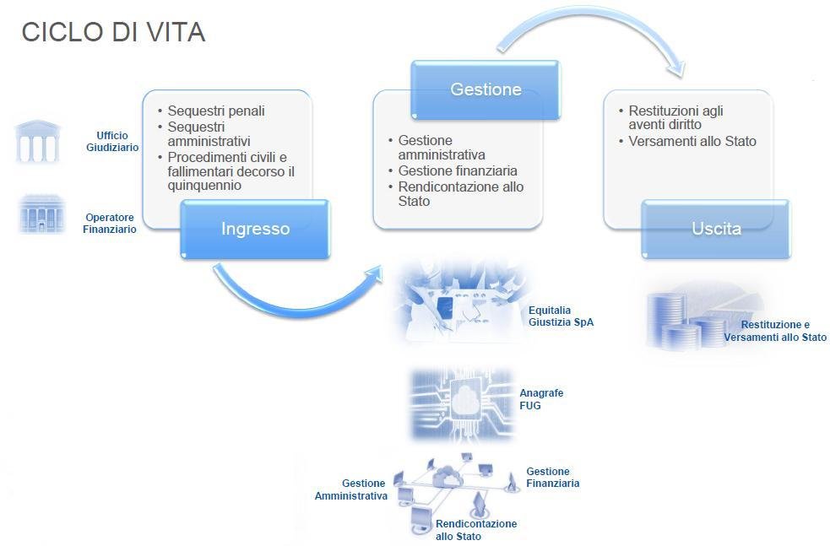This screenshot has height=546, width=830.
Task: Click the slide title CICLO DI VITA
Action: (x=113, y=32)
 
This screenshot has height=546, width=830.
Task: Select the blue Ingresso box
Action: (x=255, y=229)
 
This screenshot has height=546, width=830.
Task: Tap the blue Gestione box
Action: (x=486, y=89)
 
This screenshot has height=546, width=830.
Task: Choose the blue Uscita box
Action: (x=716, y=229)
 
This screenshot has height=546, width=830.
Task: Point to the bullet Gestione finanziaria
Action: (x=458, y=170)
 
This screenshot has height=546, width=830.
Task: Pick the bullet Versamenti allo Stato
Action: (x=692, y=141)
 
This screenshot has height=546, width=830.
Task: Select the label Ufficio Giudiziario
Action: (x=112, y=141)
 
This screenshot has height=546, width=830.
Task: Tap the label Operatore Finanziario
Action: (x=110, y=223)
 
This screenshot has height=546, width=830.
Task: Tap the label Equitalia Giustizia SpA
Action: (x=561, y=316)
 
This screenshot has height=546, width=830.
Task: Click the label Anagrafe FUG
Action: (x=541, y=399)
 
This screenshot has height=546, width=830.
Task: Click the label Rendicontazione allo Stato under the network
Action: (x=476, y=530)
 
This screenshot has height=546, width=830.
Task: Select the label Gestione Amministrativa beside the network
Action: (x=351, y=489)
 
